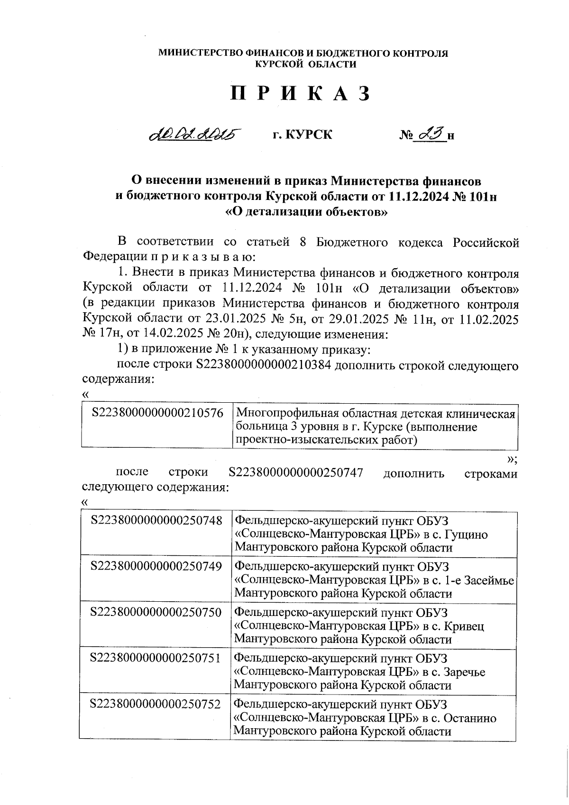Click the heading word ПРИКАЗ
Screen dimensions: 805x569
pyautogui.click(x=300, y=94)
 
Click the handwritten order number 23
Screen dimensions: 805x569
pyautogui.click(x=431, y=134)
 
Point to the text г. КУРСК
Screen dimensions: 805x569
pyautogui.click(x=303, y=135)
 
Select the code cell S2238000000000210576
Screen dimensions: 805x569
pyautogui.click(x=157, y=413)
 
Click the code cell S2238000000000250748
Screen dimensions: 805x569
pyautogui.click(x=156, y=521)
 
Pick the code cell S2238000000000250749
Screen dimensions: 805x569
pyautogui.click(x=156, y=567)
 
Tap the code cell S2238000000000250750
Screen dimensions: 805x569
pyautogui.click(x=156, y=613)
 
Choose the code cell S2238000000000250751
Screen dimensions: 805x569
pyautogui.click(x=156, y=658)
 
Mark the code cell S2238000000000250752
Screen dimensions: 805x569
pyautogui.click(x=156, y=704)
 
